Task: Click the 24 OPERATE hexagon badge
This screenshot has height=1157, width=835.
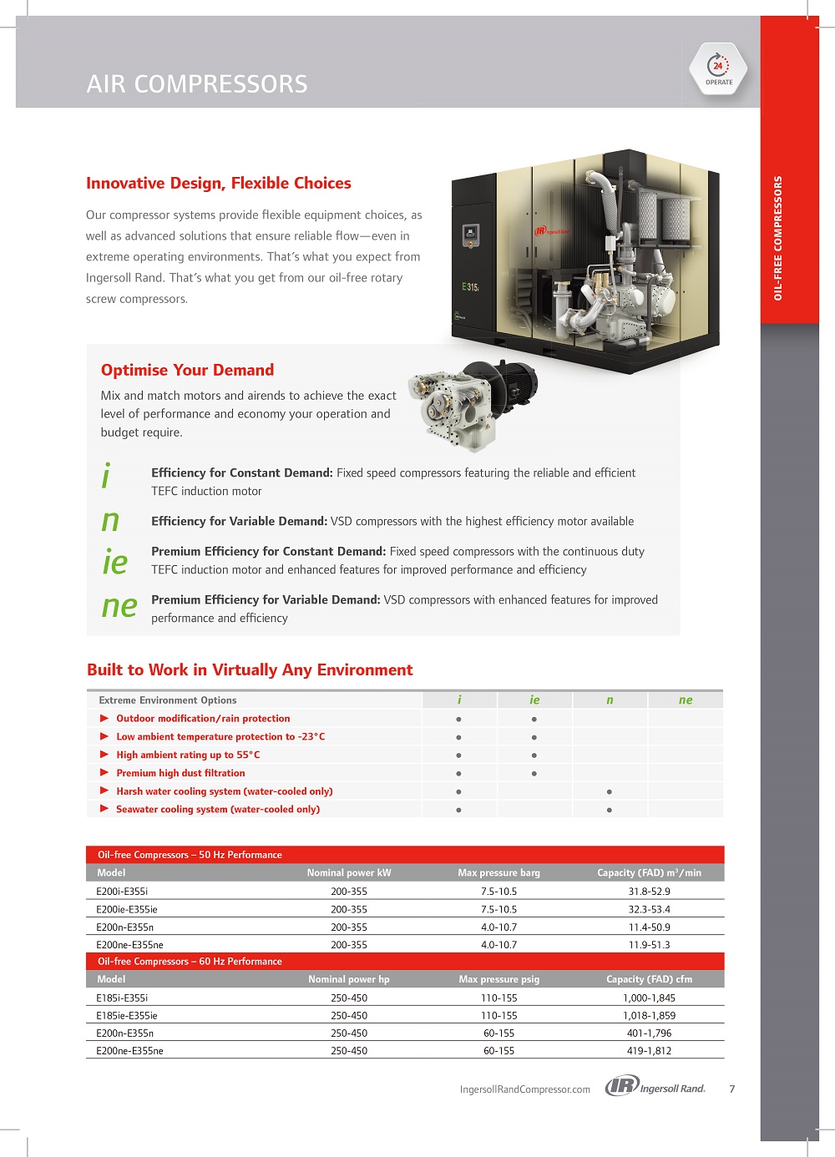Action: pyautogui.click(x=718, y=68)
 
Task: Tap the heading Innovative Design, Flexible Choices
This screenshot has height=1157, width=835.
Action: pyautogui.click(x=219, y=184)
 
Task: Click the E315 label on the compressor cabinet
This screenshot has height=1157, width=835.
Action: pyautogui.click(x=470, y=286)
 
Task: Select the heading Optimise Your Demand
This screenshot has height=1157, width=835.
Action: pyautogui.click(x=187, y=370)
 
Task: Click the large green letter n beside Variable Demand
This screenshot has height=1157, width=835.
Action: pyautogui.click(x=110, y=521)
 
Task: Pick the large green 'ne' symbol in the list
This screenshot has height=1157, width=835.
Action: pyautogui.click(x=119, y=606)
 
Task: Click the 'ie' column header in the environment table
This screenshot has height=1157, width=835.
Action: pyautogui.click(x=534, y=700)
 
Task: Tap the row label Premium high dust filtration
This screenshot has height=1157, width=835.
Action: pyautogui.click(x=180, y=773)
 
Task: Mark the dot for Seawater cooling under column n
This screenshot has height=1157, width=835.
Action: pyautogui.click(x=610, y=810)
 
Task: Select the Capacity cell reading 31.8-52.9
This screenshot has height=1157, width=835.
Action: pyautogui.click(x=649, y=892)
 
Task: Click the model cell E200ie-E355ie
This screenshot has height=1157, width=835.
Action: pyautogui.click(x=127, y=909)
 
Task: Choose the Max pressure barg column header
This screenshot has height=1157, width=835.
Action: pyautogui.click(x=498, y=873)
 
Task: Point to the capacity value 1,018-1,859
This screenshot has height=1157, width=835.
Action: pyautogui.click(x=649, y=1016)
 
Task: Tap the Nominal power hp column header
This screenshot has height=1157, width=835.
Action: pyautogui.click(x=348, y=979)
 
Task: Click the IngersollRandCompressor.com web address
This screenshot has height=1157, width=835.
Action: pyautogui.click(x=524, y=1089)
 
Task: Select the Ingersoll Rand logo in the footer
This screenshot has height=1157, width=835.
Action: pyautogui.click(x=655, y=1087)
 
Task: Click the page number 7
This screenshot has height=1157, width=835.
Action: pyautogui.click(x=732, y=1089)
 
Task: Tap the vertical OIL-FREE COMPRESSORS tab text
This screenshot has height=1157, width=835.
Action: pyautogui.click(x=778, y=238)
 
